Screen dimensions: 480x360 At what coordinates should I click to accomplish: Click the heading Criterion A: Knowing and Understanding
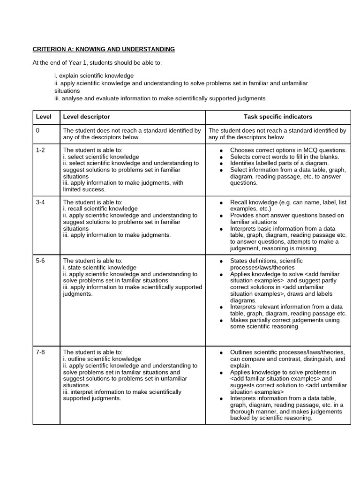(104, 49)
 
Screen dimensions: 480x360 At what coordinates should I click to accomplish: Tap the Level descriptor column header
(87, 117)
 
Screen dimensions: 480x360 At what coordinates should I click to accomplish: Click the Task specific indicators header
(277, 117)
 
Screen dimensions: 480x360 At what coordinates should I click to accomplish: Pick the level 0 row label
(37, 131)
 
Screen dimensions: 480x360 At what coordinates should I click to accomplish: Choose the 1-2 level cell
(40, 150)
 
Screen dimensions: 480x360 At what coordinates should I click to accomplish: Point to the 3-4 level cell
(40, 202)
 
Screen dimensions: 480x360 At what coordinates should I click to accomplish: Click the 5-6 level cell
(40, 261)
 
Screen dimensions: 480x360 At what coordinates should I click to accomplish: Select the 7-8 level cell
(40, 352)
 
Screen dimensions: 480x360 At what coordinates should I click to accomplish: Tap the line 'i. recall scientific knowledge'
(100, 209)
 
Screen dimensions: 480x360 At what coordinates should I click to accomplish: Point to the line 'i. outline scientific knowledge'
(102, 359)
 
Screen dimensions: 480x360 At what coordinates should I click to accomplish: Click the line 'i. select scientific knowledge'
(101, 157)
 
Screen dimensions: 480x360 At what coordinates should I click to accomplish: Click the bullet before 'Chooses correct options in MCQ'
(221, 150)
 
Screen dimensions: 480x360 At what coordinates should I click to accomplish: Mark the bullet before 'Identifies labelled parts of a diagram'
(221, 163)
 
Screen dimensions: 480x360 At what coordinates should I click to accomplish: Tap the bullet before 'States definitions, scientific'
(221, 261)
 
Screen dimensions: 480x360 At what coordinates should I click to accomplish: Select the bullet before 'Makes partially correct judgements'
(221, 320)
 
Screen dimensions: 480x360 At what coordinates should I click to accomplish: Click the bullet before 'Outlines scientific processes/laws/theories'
(221, 352)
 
